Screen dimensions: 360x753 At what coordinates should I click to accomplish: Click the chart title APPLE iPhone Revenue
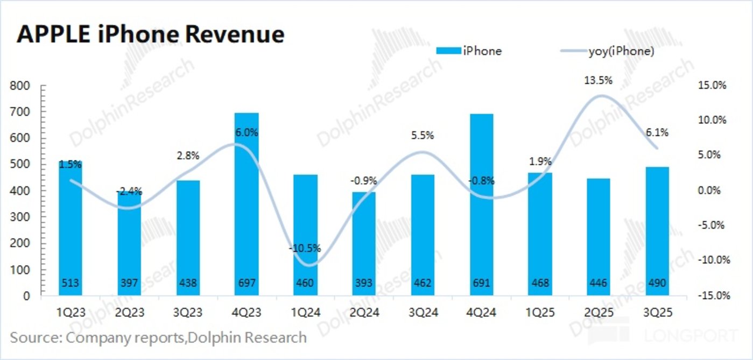[151, 34]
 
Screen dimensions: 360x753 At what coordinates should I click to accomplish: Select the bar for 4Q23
[247, 204]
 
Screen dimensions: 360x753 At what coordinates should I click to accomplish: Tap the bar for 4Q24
[481, 204]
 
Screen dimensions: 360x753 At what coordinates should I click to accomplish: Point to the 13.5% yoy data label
[598, 81]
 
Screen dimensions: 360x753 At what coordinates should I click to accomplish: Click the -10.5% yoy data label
[305, 249]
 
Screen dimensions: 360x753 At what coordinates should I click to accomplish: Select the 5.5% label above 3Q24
[423, 136]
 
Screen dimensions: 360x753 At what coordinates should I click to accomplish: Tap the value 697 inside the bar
[247, 283]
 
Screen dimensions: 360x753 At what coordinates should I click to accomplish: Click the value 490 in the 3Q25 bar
[657, 283]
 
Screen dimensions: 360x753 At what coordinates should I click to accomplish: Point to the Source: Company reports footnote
[158, 338]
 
